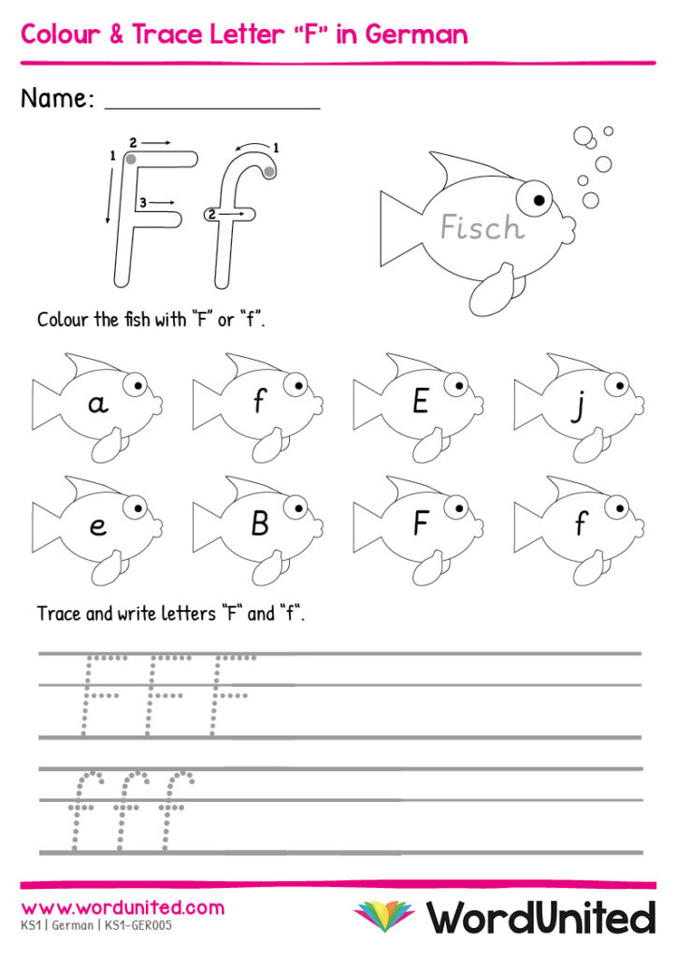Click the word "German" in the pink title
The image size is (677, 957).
[416, 35]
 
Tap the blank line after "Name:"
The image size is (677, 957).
[212, 108]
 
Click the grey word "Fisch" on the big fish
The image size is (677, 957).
[483, 227]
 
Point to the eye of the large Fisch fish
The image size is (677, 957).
[534, 198]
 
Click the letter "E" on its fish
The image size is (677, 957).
[420, 402]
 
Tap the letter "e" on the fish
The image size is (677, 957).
[97, 526]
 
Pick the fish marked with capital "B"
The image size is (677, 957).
[258, 530]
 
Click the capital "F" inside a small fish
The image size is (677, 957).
[420, 523]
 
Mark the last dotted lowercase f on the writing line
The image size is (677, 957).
[176, 809]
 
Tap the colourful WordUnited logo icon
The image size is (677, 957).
[384, 916]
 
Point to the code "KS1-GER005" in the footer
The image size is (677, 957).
[138, 925]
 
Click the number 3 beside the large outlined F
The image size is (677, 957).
[142, 202]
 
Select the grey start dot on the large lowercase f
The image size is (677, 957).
[269, 172]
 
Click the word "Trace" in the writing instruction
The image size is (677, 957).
[59, 613]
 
